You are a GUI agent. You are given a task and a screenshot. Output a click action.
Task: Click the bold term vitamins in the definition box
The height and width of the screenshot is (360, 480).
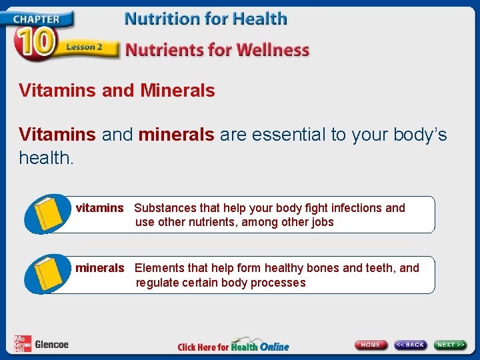(x=99, y=208)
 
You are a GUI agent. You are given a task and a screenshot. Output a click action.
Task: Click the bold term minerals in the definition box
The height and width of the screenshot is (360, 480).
(x=99, y=268)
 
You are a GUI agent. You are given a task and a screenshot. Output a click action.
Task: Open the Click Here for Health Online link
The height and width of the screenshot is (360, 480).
(x=233, y=346)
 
